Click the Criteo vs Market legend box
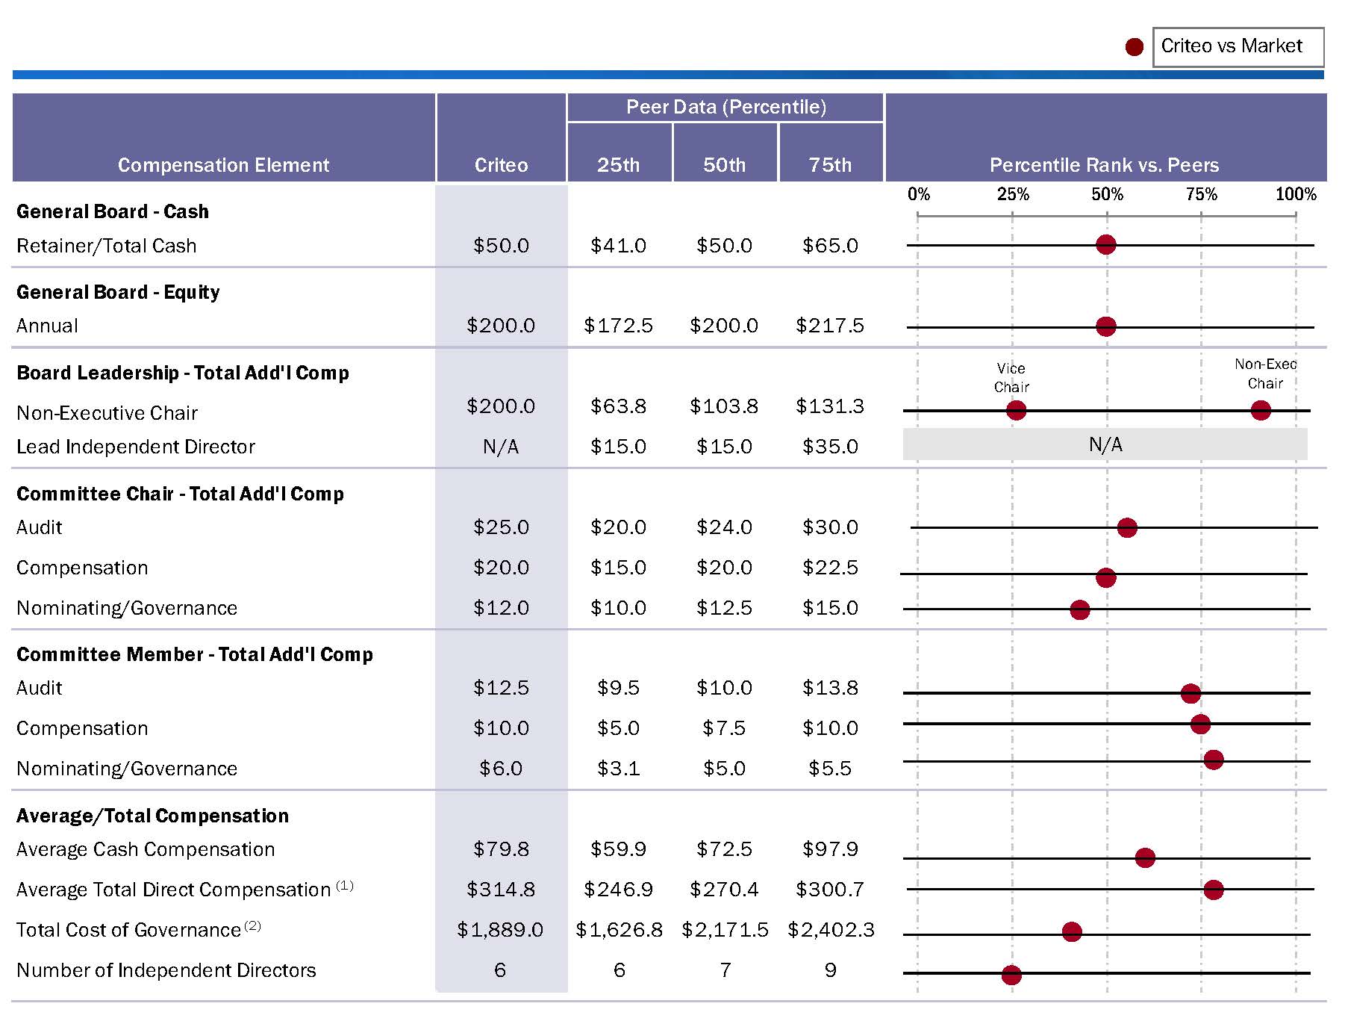point(1238,47)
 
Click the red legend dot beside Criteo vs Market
point(1134,47)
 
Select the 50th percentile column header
point(724,164)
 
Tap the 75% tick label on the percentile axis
point(1201,194)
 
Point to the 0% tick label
point(919,194)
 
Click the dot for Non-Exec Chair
point(1260,410)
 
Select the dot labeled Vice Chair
point(1016,410)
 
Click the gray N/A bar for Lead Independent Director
point(1105,444)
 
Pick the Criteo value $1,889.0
point(500,930)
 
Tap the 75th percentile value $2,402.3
point(831,930)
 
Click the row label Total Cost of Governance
point(129,930)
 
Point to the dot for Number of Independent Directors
point(1011,974)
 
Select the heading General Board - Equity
point(118,292)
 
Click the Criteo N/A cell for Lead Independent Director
point(500,447)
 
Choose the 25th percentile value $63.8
point(618,406)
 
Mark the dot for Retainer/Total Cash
point(1105,244)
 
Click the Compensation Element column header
point(223,164)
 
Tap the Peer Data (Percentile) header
point(725,107)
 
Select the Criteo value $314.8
point(500,890)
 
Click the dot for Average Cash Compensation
point(1144,857)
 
